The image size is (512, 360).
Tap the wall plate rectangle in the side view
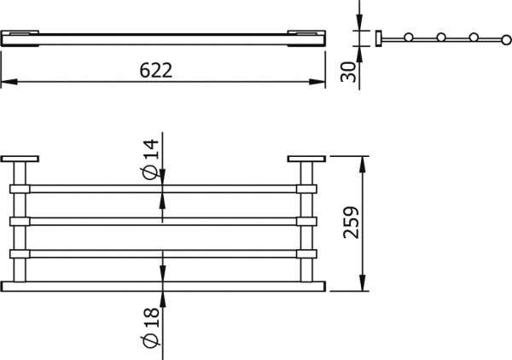(376, 38)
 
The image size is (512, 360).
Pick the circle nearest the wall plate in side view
(410, 38)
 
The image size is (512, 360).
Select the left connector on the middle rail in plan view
(20, 221)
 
